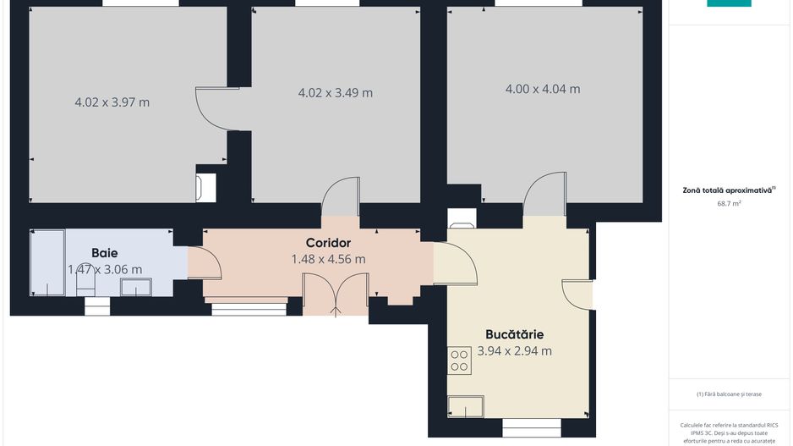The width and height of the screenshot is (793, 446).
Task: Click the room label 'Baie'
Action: click(105, 252)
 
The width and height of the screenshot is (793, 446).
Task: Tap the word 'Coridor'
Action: click(328, 243)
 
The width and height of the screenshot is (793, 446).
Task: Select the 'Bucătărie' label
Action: click(514, 333)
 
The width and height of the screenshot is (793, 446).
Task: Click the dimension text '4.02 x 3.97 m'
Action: click(112, 102)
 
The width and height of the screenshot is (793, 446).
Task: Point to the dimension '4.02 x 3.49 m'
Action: click(335, 93)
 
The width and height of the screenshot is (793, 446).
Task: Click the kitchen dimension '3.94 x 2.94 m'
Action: click(514, 350)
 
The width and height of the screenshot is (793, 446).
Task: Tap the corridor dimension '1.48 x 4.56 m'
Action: click(328, 259)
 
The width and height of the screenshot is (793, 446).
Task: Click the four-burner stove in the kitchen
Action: click(460, 361)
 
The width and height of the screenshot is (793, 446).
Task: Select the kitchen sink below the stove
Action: click(466, 407)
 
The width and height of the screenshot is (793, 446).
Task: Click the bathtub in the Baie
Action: click(46, 262)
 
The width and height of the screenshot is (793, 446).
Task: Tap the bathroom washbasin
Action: click(135, 287)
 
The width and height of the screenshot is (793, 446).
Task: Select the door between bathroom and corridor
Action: click(204, 263)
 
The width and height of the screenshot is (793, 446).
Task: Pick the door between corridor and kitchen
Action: click(454, 263)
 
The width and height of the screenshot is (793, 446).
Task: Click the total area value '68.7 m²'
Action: click(729, 203)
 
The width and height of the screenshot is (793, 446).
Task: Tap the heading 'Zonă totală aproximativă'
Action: click(729, 190)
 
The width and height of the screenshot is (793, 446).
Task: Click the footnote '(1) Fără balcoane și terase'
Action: click(729, 394)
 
